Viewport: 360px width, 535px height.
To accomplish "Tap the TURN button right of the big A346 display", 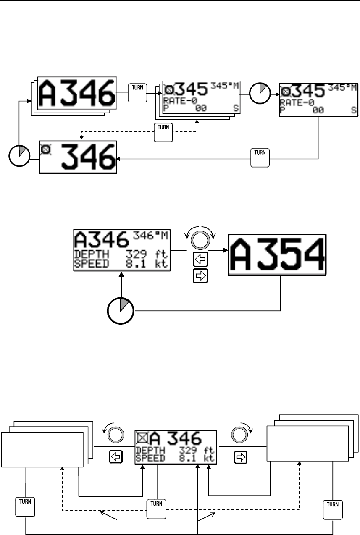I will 137,92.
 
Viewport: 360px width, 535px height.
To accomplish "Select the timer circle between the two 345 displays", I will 260,93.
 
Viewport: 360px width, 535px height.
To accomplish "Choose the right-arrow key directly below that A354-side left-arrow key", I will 200,276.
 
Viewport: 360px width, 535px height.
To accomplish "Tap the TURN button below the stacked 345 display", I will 163,133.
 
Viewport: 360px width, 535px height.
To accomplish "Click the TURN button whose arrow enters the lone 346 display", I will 260,157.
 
